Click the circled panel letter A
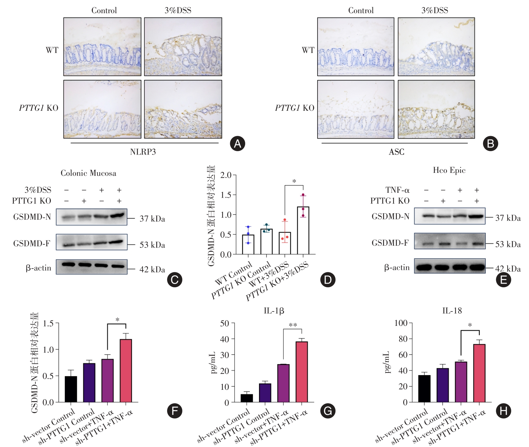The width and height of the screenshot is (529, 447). (x=238, y=143)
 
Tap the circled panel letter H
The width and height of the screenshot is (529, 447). (x=504, y=411)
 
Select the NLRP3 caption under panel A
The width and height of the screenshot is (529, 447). (x=143, y=152)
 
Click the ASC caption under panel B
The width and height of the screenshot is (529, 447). (x=396, y=152)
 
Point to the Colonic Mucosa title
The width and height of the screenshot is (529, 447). (x=88, y=173)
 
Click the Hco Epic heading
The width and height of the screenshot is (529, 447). (x=449, y=170)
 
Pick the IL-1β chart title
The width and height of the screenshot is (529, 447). (x=274, y=311)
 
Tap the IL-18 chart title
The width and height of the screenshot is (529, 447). (x=452, y=311)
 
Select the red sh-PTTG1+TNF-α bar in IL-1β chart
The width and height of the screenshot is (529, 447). (x=302, y=372)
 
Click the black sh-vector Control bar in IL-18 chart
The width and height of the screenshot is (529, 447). (x=424, y=389)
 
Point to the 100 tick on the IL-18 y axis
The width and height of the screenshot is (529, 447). (x=401, y=323)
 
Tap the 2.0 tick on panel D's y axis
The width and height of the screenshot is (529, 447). (x=226, y=175)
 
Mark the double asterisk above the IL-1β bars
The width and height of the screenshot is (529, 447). (x=293, y=325)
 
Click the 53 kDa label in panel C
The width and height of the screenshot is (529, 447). (x=152, y=245)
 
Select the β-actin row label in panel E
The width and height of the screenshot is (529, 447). (x=397, y=268)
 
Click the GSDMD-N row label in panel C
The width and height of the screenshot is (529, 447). (x=32, y=217)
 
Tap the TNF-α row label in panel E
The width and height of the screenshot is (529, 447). (x=397, y=190)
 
